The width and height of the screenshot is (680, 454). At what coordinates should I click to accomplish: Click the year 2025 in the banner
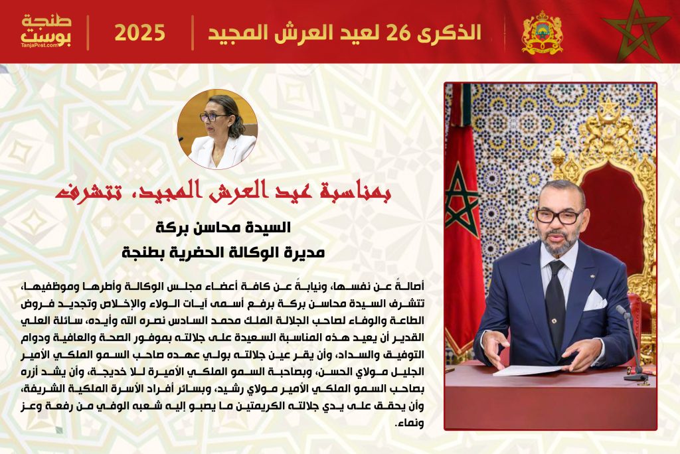[x=139, y=33]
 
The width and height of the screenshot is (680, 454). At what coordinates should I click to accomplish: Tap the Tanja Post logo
[x=46, y=31]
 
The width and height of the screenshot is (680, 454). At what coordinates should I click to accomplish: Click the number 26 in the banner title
[x=398, y=33]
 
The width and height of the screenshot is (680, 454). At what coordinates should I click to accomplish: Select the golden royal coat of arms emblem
[x=542, y=33]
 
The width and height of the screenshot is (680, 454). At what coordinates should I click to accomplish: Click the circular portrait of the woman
[x=217, y=129]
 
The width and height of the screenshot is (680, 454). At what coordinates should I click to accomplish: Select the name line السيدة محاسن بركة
[x=223, y=227]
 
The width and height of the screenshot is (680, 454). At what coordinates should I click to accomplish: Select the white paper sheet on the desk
[x=528, y=371]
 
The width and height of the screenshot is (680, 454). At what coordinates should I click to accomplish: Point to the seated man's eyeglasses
[x=559, y=216]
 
